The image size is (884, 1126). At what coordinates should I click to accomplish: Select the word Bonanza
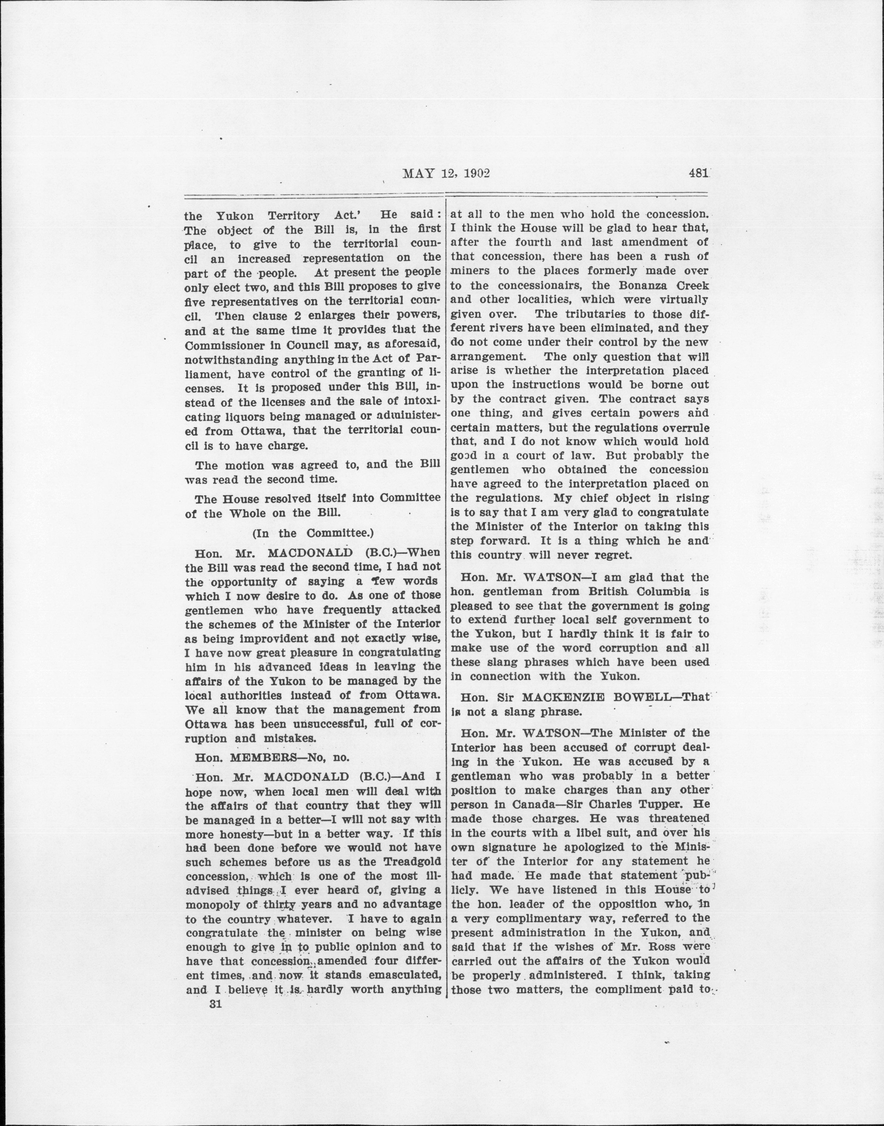pos(632,286)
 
